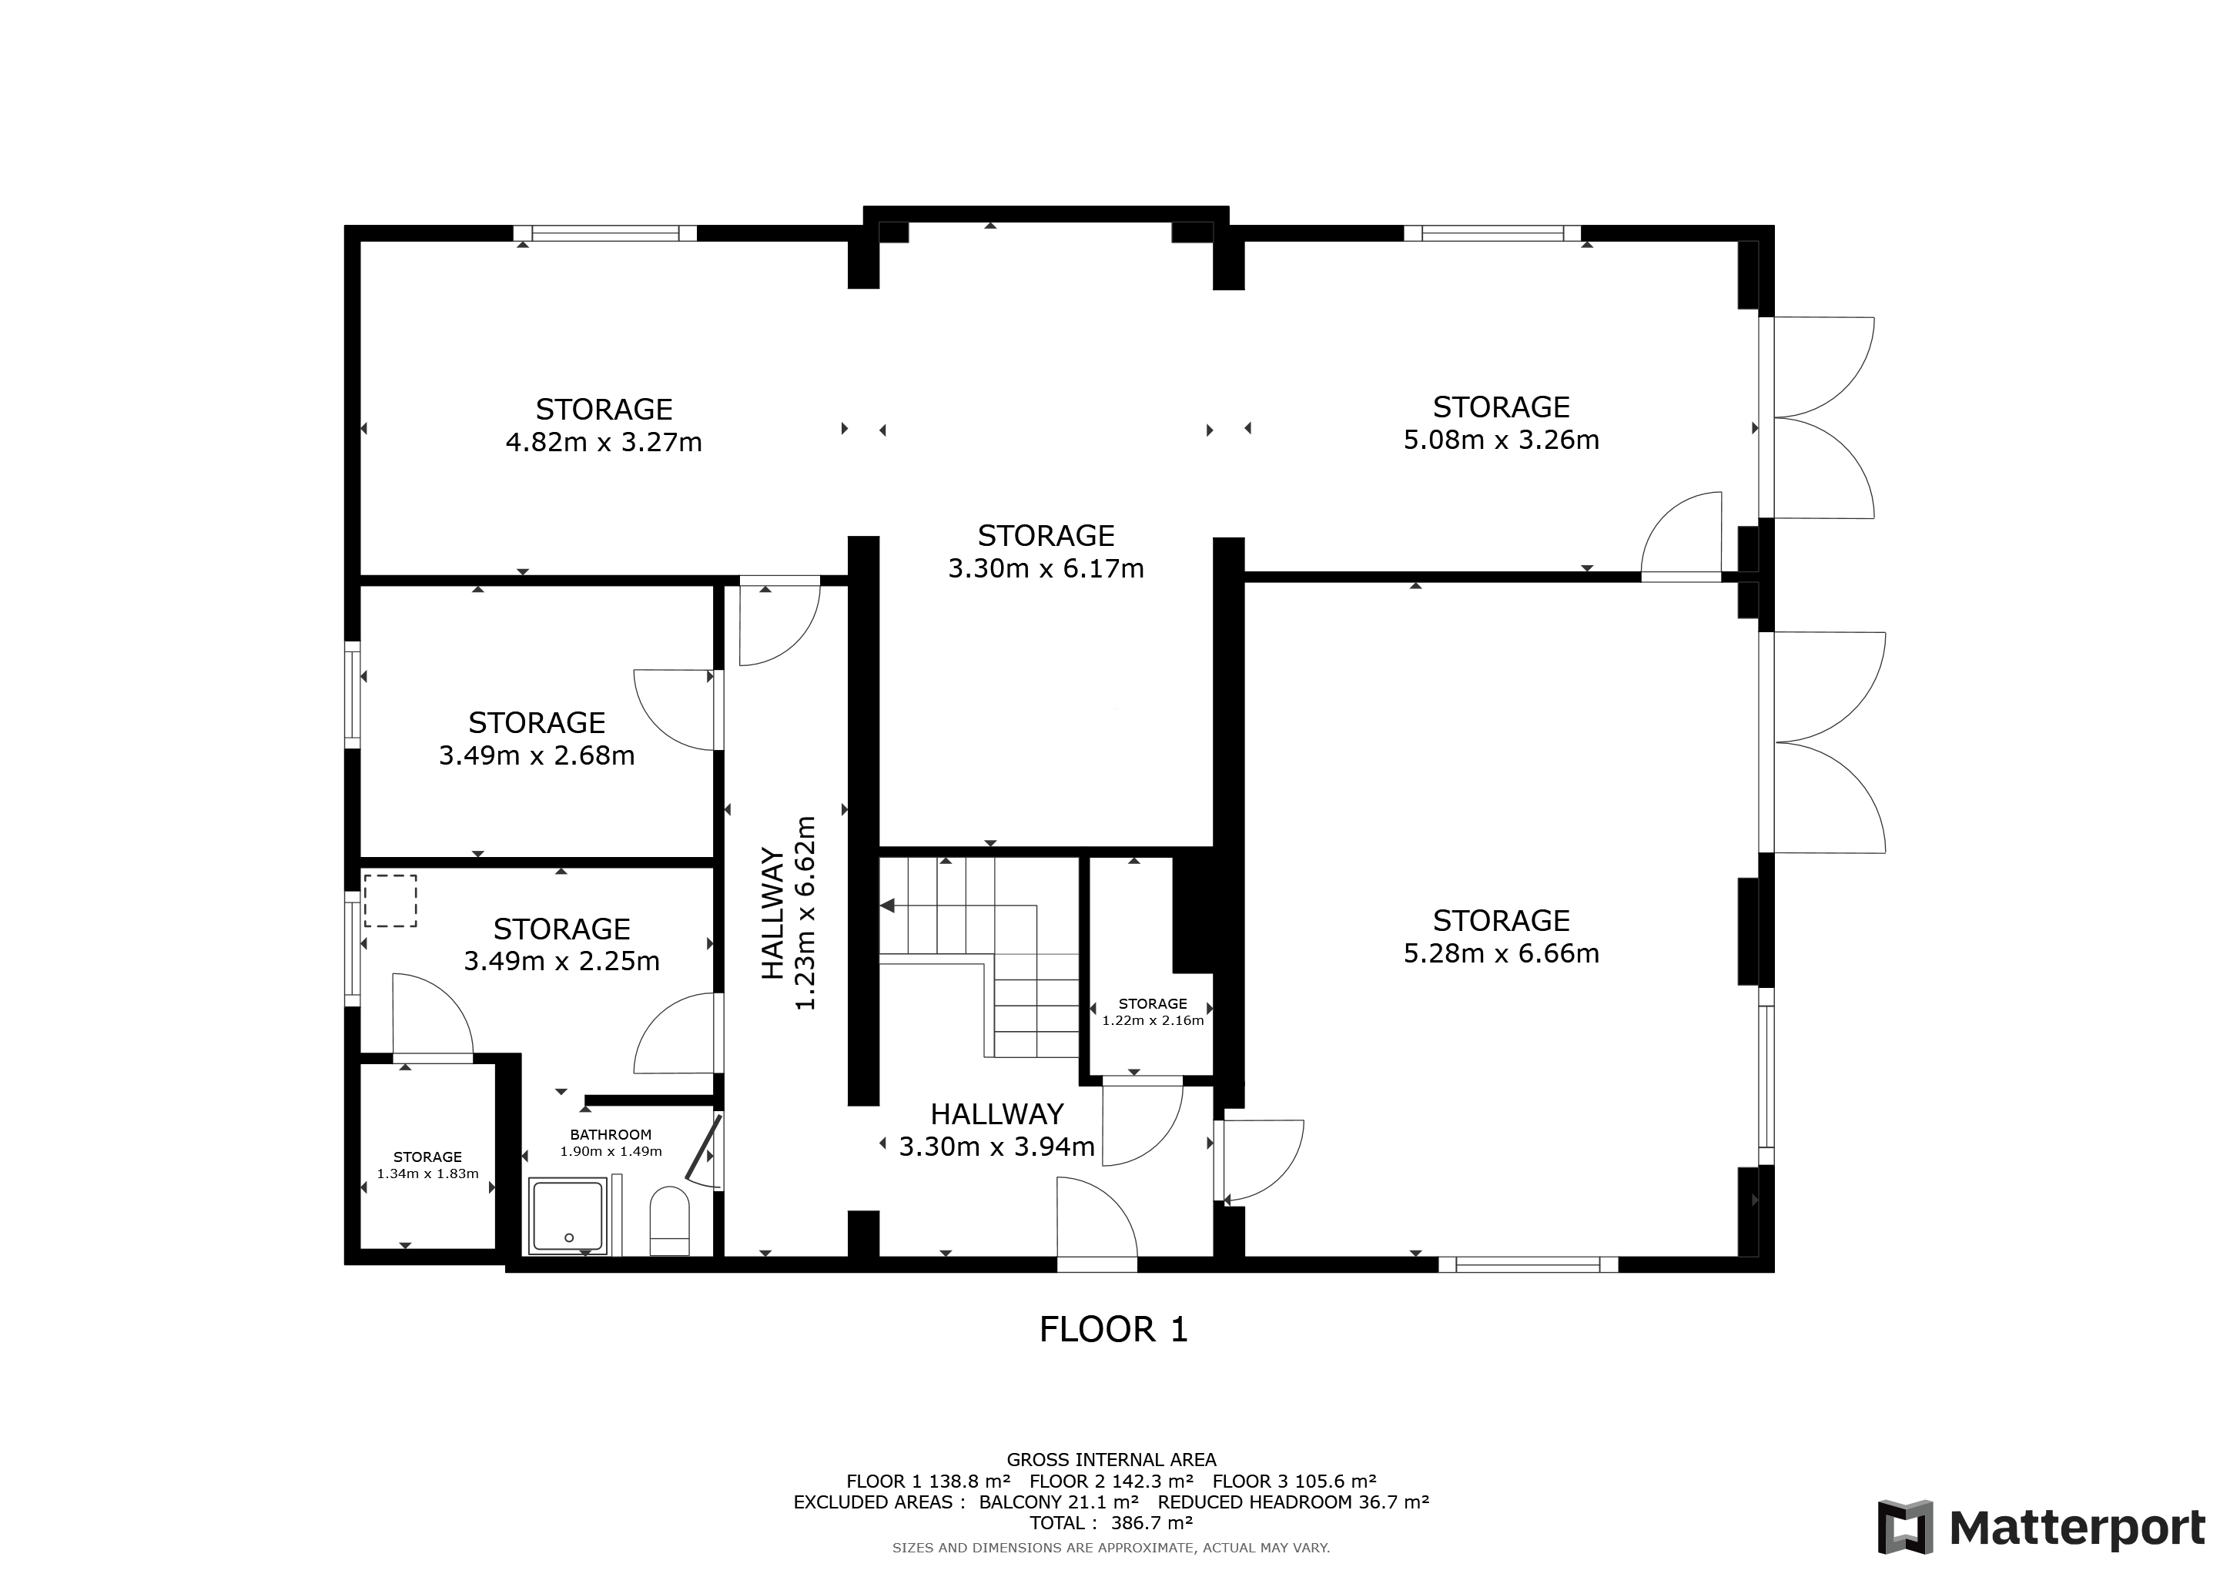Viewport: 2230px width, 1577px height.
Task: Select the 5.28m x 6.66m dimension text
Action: [x=1501, y=953]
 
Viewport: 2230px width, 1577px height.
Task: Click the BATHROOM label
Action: [x=610, y=1134]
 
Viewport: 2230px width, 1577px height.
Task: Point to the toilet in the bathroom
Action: [x=668, y=1220]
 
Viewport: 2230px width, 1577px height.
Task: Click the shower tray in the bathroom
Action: [x=568, y=1216]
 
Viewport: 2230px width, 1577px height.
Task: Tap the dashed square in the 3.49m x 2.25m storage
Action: [x=390, y=901]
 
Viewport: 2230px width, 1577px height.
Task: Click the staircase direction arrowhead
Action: [x=887, y=906]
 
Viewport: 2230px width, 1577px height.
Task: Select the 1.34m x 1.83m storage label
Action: [x=427, y=1165]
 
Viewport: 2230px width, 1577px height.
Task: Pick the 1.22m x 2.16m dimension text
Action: [x=1153, y=1020]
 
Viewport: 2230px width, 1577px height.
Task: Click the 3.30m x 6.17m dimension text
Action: [x=1046, y=568]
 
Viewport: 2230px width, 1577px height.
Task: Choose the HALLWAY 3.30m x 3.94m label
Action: [x=997, y=1130]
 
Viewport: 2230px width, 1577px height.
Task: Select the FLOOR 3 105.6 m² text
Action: [x=1294, y=1481]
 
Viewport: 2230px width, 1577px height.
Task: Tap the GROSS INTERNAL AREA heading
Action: [x=1111, y=1459]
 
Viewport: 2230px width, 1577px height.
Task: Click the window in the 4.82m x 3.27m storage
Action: [x=605, y=233]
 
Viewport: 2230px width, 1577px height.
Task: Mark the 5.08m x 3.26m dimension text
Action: [x=1501, y=439]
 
